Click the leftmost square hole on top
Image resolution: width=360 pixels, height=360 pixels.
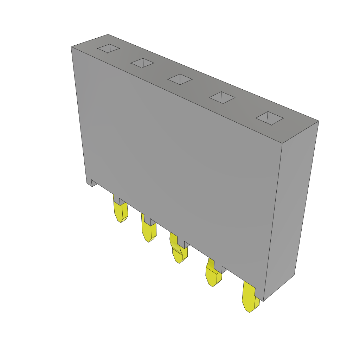[x=109, y=49]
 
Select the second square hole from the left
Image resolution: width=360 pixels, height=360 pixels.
[x=142, y=63]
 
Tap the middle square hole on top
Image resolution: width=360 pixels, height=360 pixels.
[x=180, y=79]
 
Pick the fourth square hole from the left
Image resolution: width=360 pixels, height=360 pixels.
[x=222, y=97]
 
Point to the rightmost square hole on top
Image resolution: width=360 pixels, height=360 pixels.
[x=270, y=118]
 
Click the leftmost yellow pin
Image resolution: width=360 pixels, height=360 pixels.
[x=120, y=212]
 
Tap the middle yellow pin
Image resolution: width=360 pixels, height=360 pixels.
[x=178, y=251]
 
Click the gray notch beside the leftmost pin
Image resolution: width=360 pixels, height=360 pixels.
[x=123, y=201]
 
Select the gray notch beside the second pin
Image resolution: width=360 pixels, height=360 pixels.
[x=153, y=222]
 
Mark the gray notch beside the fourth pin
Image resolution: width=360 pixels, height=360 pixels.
[x=224, y=269]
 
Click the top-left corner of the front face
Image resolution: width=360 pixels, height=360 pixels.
[x=71, y=47]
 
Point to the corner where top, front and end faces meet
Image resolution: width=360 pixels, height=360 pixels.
[x=282, y=143]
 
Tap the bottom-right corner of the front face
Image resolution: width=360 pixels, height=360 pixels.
[x=263, y=301]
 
